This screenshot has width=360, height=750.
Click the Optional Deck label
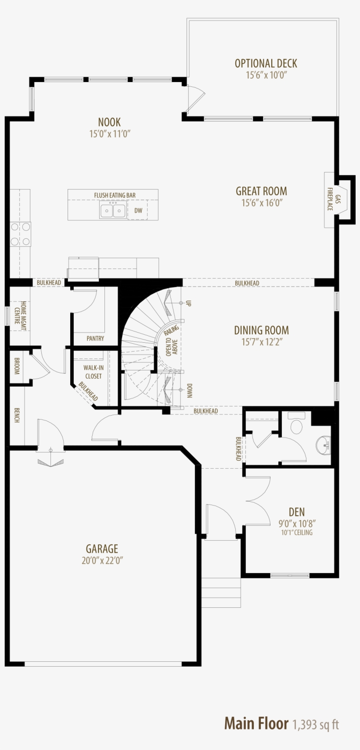coord(266,64)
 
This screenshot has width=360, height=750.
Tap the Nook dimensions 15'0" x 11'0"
coord(110,134)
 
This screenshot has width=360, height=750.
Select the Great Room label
coord(261,191)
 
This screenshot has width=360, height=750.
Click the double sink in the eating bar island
coord(113,211)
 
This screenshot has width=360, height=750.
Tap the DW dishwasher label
coord(138,211)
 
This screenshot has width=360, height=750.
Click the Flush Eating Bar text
coord(115,195)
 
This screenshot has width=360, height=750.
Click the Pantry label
coord(95,338)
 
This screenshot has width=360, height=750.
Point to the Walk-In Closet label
coord(94,372)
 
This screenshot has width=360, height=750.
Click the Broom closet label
coord(17,366)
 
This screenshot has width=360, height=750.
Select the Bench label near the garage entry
coord(17,415)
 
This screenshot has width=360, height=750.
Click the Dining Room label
coord(261,330)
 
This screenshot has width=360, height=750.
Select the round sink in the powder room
coord(323,445)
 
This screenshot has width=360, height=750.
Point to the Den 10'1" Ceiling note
coord(297,533)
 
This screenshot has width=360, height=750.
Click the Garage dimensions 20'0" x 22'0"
coord(102,560)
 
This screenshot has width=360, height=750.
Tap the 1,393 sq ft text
coord(315,725)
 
